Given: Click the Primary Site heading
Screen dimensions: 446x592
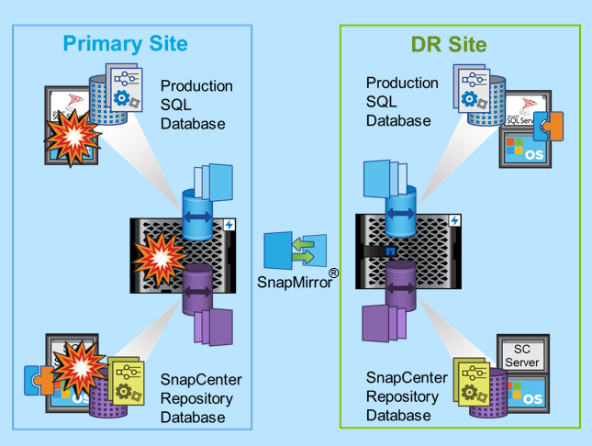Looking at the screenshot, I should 125,43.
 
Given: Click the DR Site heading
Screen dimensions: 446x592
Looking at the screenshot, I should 448,43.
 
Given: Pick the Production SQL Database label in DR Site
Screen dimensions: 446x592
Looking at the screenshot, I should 402,101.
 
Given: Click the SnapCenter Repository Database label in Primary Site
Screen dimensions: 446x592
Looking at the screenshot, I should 196,398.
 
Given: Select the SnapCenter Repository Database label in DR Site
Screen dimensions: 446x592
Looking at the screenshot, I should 407,396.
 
